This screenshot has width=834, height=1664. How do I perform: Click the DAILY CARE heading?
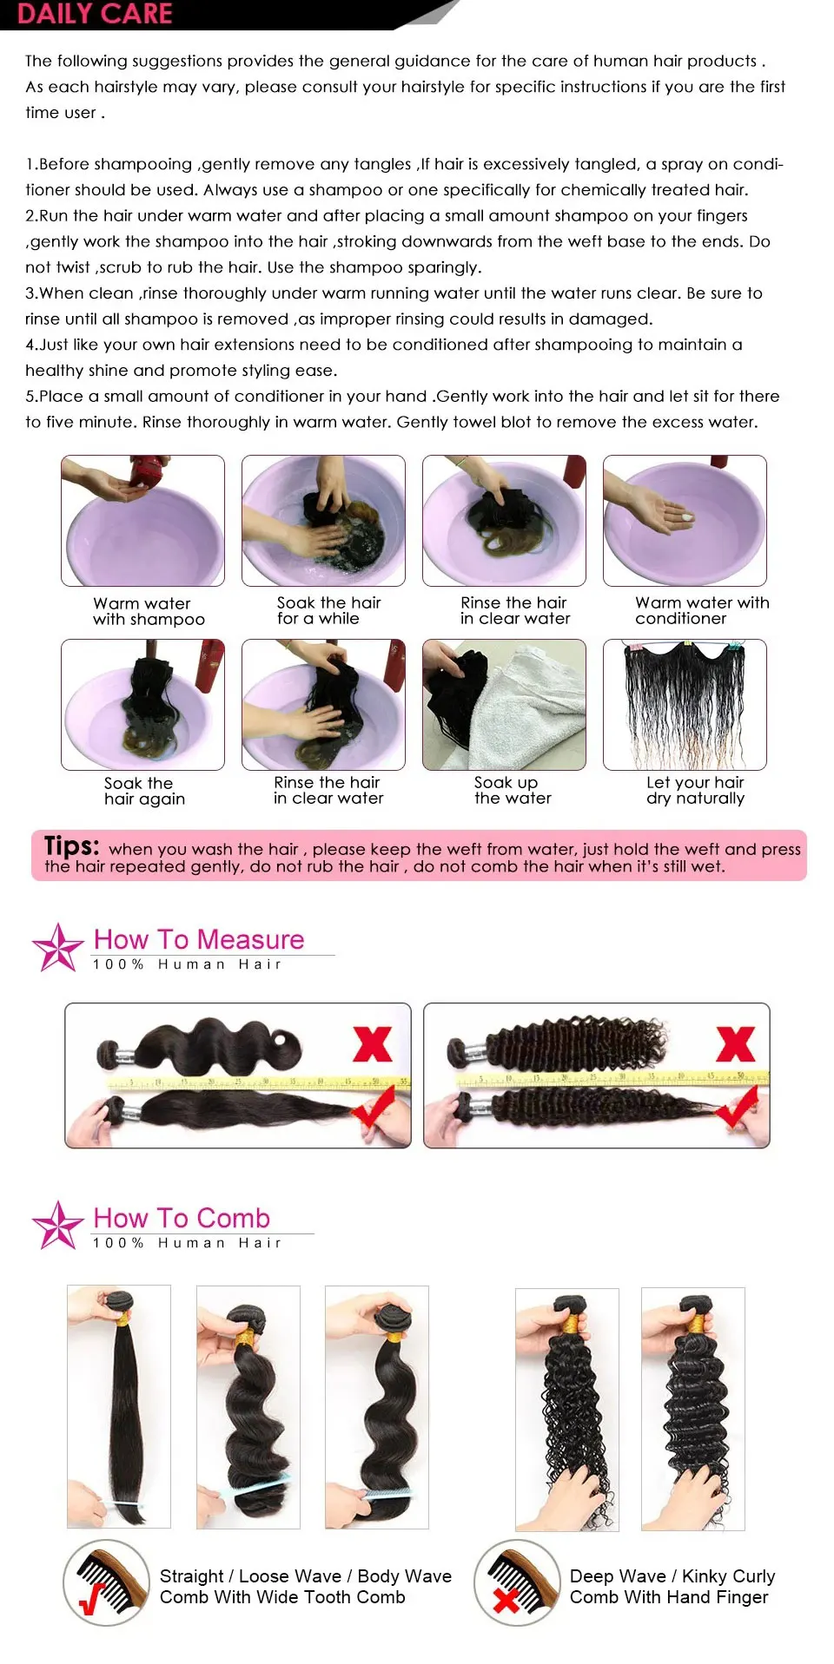coord(94,13)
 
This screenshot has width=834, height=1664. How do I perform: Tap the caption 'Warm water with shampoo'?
coord(149,611)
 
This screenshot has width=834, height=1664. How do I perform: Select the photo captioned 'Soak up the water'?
coord(504,705)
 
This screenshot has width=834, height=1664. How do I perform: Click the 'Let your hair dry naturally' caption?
coord(695,791)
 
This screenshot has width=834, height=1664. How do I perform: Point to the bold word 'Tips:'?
coord(71,845)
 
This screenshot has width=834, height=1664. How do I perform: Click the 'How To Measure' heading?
coord(199,939)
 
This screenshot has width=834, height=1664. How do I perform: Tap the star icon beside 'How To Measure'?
coord(57,947)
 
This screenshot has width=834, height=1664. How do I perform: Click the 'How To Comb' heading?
coord(182,1218)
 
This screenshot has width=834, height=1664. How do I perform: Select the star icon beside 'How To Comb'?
coord(57,1226)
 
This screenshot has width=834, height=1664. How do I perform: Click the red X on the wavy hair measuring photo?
coord(372,1043)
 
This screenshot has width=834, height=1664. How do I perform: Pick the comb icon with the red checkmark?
coord(106,1583)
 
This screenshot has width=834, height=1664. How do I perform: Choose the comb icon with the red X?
coord(517,1583)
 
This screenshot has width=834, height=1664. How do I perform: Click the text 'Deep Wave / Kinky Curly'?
coord(672,1576)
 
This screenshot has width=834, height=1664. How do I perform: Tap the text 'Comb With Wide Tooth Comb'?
coord(282,1597)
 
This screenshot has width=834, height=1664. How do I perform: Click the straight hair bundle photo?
coord(119,1406)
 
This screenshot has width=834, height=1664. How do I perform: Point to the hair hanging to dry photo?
coord(685,705)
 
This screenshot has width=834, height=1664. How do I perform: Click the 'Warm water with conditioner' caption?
coord(702,610)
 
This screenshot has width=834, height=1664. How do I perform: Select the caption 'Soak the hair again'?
coord(144,791)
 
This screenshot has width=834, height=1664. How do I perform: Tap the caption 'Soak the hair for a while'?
coord(328,610)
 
